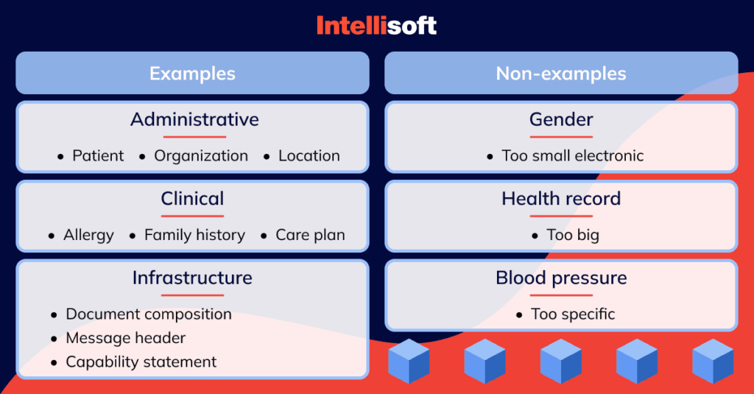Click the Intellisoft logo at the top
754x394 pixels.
point(376,26)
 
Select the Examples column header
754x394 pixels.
point(192,73)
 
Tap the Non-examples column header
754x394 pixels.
point(561,73)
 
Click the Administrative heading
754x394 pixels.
point(194,119)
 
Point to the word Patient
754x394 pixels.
point(98,155)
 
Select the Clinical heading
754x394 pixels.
point(192,198)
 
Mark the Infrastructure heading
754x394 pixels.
point(192,278)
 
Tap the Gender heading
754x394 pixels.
point(561,119)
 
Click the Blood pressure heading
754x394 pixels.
point(561,278)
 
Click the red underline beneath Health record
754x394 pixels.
point(561,216)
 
